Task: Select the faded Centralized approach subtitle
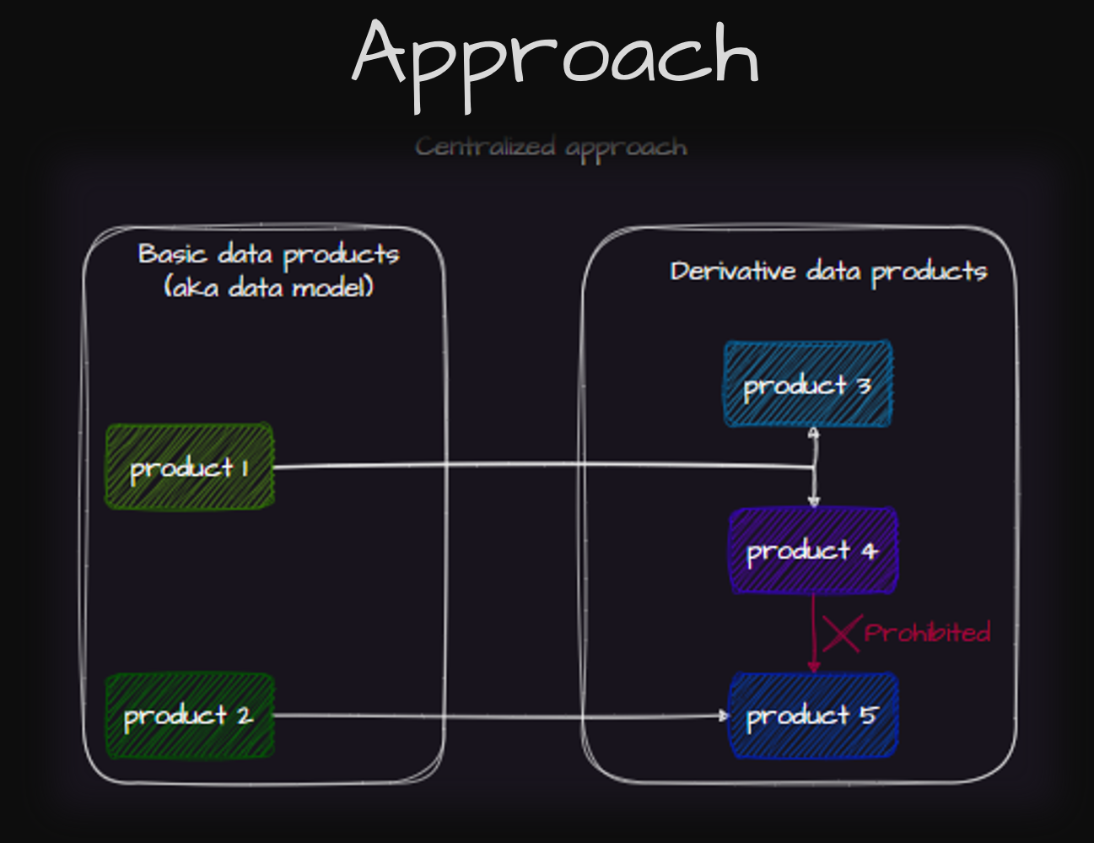tap(551, 148)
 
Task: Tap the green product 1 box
tap(189, 467)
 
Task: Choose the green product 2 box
tap(189, 716)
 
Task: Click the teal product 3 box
tap(807, 385)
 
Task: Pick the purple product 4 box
tap(812, 551)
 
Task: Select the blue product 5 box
tap(812, 716)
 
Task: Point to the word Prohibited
tap(927, 633)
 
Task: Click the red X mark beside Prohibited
tap(841, 633)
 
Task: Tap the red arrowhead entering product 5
tap(814, 667)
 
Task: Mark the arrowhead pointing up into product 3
tap(813, 434)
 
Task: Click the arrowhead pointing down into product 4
tap(813, 500)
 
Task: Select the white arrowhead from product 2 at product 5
tap(723, 716)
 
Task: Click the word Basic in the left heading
tap(172, 254)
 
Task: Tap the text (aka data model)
tap(269, 288)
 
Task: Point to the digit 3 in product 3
tap(864, 386)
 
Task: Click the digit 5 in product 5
tap(868, 716)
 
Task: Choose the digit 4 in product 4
tap(870, 552)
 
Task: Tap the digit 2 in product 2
tap(244, 716)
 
